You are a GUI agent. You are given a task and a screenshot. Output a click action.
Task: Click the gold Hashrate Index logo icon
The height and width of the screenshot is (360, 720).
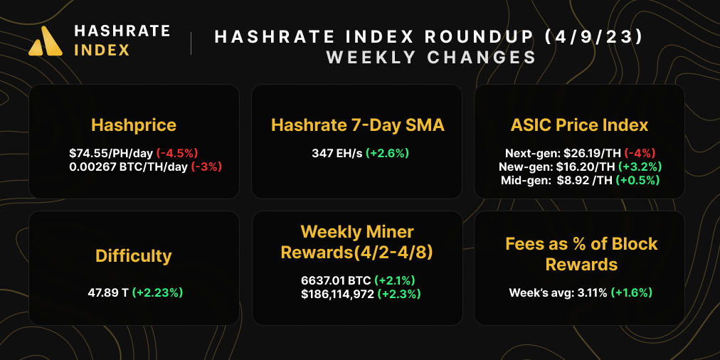(x=48, y=41)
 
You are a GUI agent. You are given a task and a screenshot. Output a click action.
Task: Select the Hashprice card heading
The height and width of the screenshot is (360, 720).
(x=134, y=125)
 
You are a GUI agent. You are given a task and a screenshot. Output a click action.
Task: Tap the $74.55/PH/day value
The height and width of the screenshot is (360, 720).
(x=111, y=153)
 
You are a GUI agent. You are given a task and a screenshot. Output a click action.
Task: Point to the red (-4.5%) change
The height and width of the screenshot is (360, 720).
(x=177, y=153)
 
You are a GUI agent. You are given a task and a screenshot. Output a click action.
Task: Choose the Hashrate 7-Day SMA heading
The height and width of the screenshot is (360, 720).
(x=358, y=125)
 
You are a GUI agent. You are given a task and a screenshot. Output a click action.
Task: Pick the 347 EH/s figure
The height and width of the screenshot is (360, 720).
(x=337, y=153)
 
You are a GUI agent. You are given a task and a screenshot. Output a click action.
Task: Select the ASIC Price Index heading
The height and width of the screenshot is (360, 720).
(x=579, y=125)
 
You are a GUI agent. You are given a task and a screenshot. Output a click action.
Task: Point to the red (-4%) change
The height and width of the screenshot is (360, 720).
(x=640, y=153)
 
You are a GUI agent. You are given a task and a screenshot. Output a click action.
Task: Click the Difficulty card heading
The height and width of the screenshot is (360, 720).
(x=134, y=255)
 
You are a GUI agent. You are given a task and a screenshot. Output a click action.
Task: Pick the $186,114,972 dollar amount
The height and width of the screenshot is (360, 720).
(x=338, y=294)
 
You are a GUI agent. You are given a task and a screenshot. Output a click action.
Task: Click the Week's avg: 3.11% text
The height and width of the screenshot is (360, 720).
(x=558, y=292)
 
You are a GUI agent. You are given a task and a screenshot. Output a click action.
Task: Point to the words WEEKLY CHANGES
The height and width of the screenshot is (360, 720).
(x=431, y=57)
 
